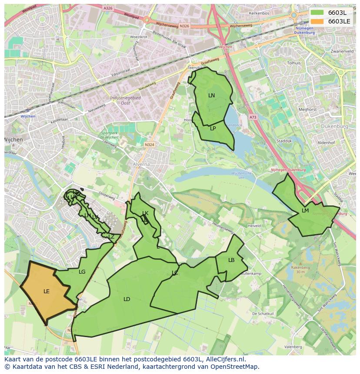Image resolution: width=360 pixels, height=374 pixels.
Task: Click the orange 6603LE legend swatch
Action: pos(317,21)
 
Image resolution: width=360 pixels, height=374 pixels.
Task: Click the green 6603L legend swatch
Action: pos(317,12)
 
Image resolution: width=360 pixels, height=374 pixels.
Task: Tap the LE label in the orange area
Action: pos(47,291)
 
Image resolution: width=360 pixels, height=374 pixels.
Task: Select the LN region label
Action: pos(211,96)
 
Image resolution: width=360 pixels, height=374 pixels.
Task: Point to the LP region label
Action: pos(213,129)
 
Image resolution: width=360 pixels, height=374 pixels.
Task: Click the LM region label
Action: pos(305,211)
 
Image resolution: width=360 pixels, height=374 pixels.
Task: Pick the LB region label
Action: pos(231,260)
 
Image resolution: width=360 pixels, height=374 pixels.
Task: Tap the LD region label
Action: pos(127,299)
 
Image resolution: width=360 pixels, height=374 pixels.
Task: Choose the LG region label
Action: pos(82,272)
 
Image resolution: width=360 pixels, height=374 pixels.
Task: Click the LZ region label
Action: pos(111,237)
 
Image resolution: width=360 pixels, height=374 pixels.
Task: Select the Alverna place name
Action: pos(141,165)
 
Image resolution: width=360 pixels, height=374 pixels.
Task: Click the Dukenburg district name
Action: pos(334,126)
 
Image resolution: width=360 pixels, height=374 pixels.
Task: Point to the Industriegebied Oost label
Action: pos(125,100)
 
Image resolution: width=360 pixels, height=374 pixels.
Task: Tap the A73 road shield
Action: pos(253,117)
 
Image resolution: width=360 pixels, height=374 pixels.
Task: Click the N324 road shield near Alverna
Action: pos(150,145)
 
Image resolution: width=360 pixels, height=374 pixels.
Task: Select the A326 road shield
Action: pos(108,8)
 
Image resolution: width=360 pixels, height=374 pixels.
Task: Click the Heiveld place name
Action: pos(254,226)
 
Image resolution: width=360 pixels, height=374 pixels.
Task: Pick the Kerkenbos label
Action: pos(260,13)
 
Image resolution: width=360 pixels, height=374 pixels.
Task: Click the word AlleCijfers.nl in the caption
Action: pos(224,359)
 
